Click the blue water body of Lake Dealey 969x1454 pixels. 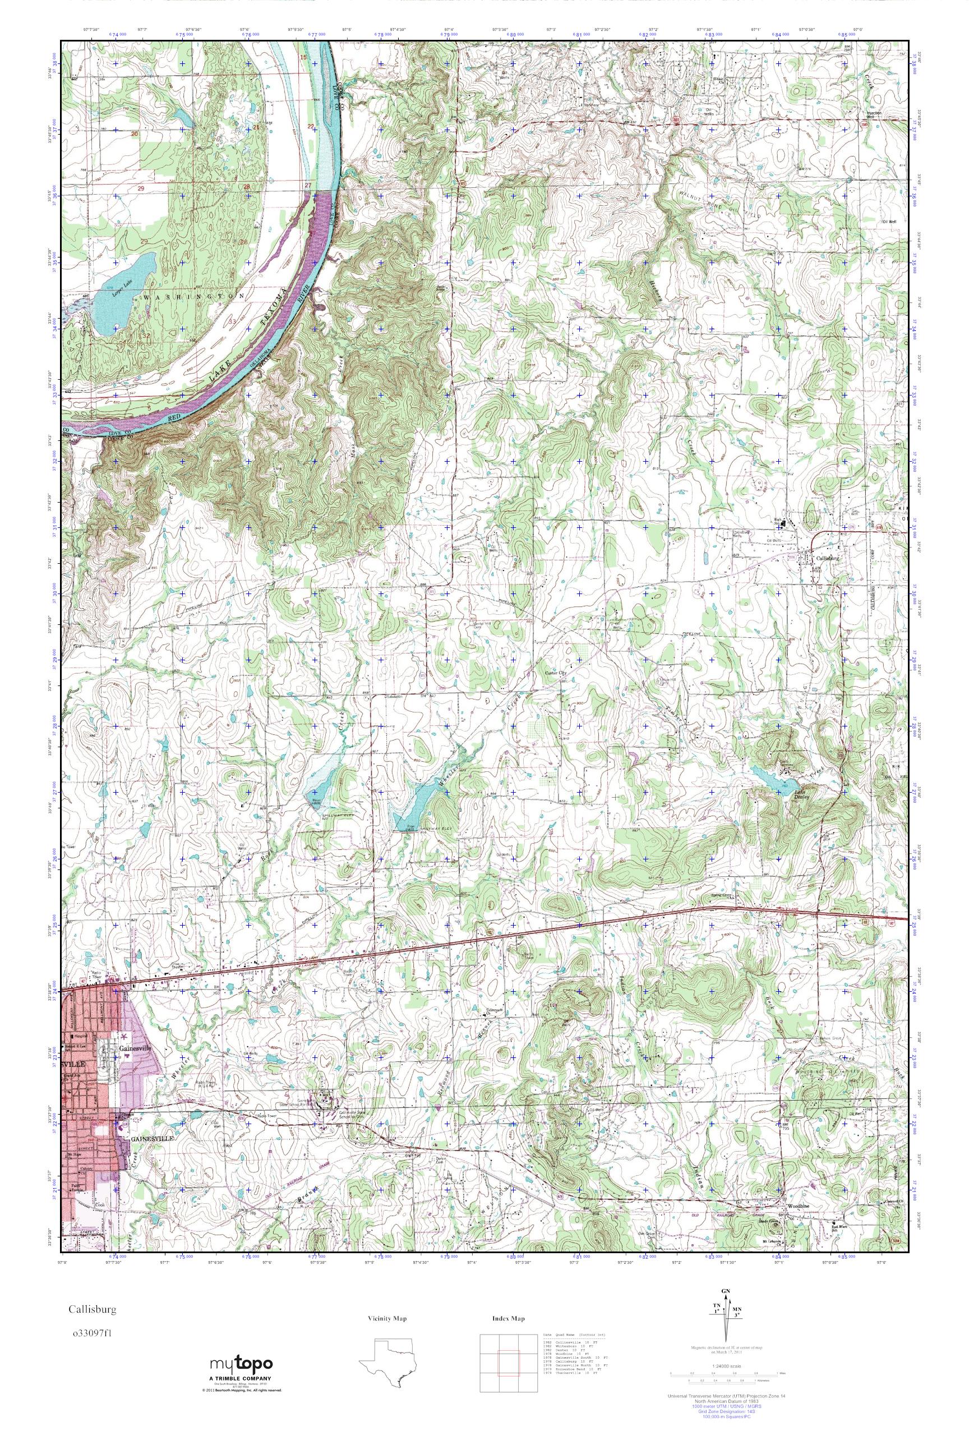coord(767,779)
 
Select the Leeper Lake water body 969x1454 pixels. coord(121,291)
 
